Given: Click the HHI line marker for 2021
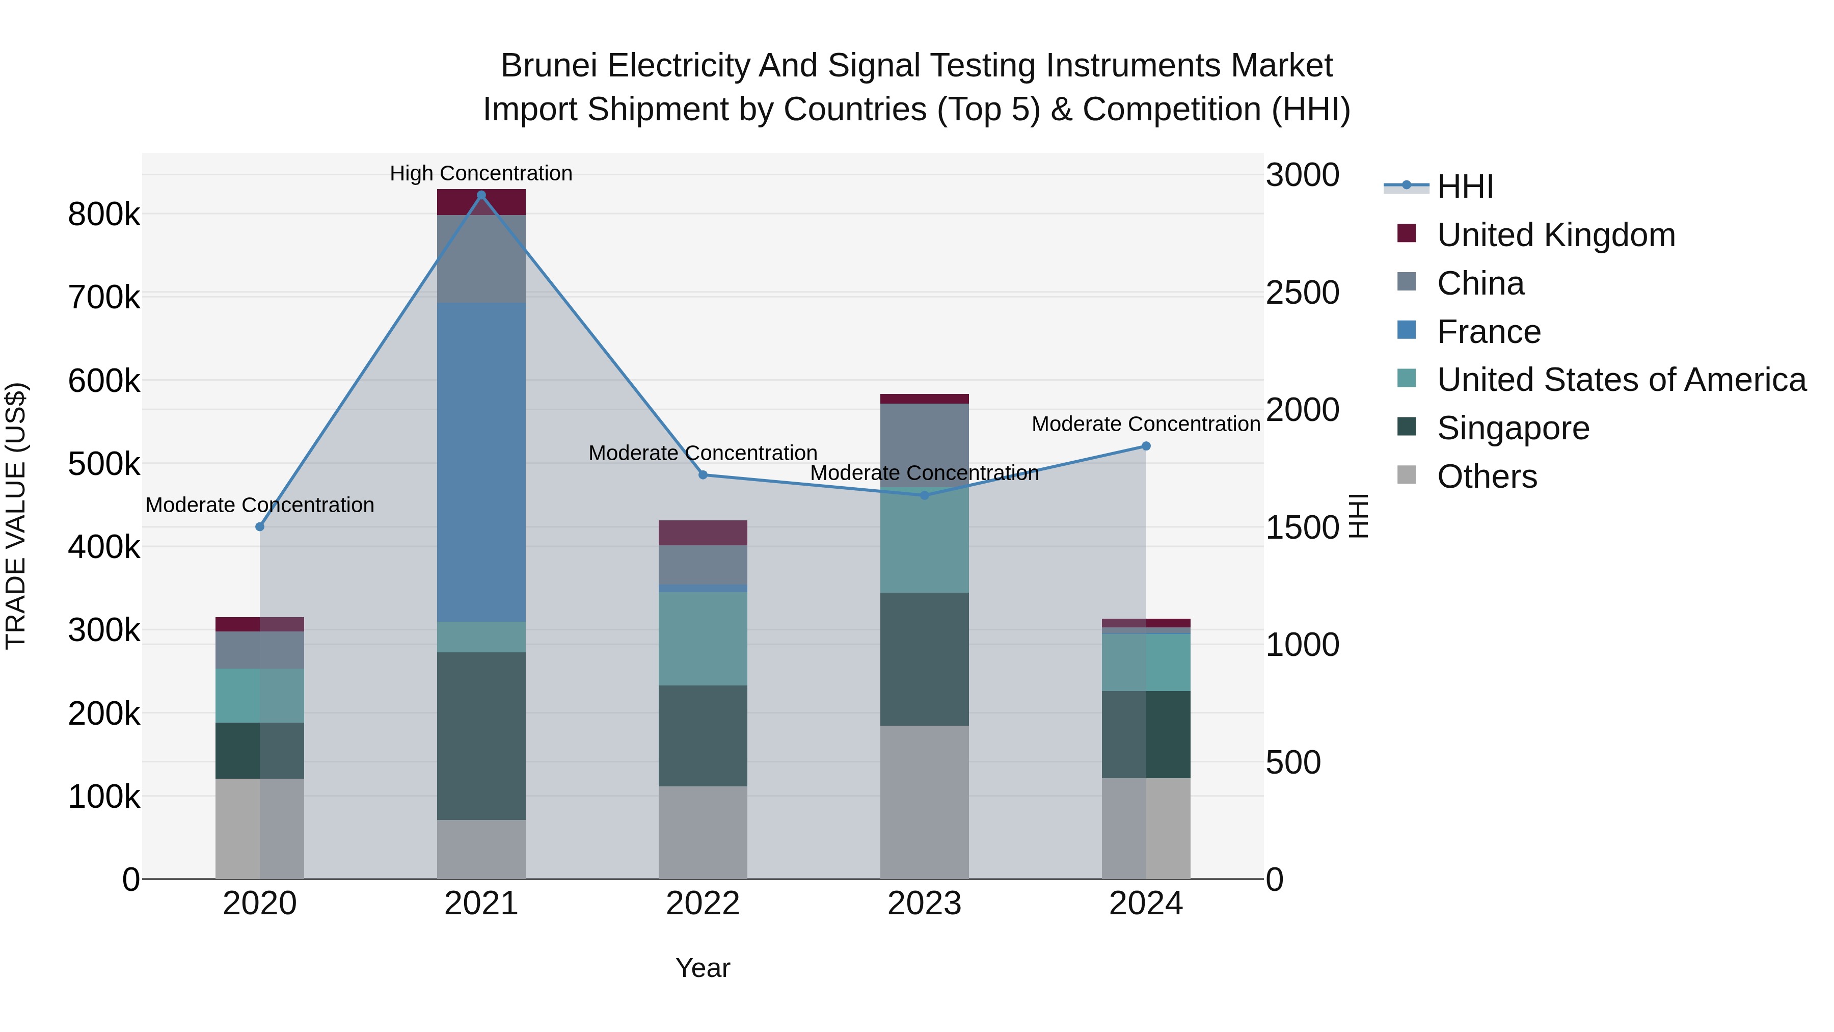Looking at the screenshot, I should pyautogui.click(x=481, y=195).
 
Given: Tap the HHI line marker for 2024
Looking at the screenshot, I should pyautogui.click(x=1146, y=446).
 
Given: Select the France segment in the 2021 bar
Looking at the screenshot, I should pyautogui.click(x=481, y=462).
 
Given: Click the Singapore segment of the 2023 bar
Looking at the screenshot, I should pyautogui.click(x=924, y=659).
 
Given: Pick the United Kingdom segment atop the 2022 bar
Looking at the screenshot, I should pyautogui.click(x=703, y=533).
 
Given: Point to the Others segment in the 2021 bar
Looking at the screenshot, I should pyautogui.click(x=481, y=849).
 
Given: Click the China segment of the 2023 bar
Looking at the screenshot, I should pyautogui.click(x=924, y=445).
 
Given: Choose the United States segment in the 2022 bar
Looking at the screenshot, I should pyautogui.click(x=703, y=639).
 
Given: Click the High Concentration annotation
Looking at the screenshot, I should pyautogui.click(x=481, y=174).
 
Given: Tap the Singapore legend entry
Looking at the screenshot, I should pyautogui.click(x=1513, y=429).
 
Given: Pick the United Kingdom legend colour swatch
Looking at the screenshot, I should pyautogui.click(x=1407, y=233).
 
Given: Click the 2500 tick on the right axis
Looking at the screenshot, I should pyautogui.click(x=1302, y=293).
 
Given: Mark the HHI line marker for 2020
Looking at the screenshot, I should pyautogui.click(x=260, y=527).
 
